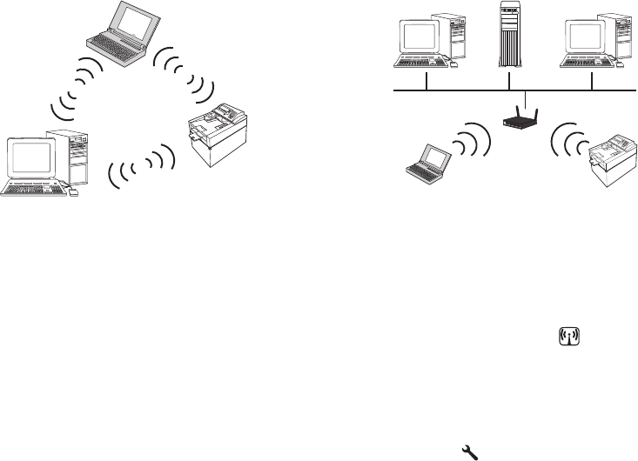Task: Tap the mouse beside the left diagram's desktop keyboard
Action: [73, 193]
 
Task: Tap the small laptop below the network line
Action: [426, 165]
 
